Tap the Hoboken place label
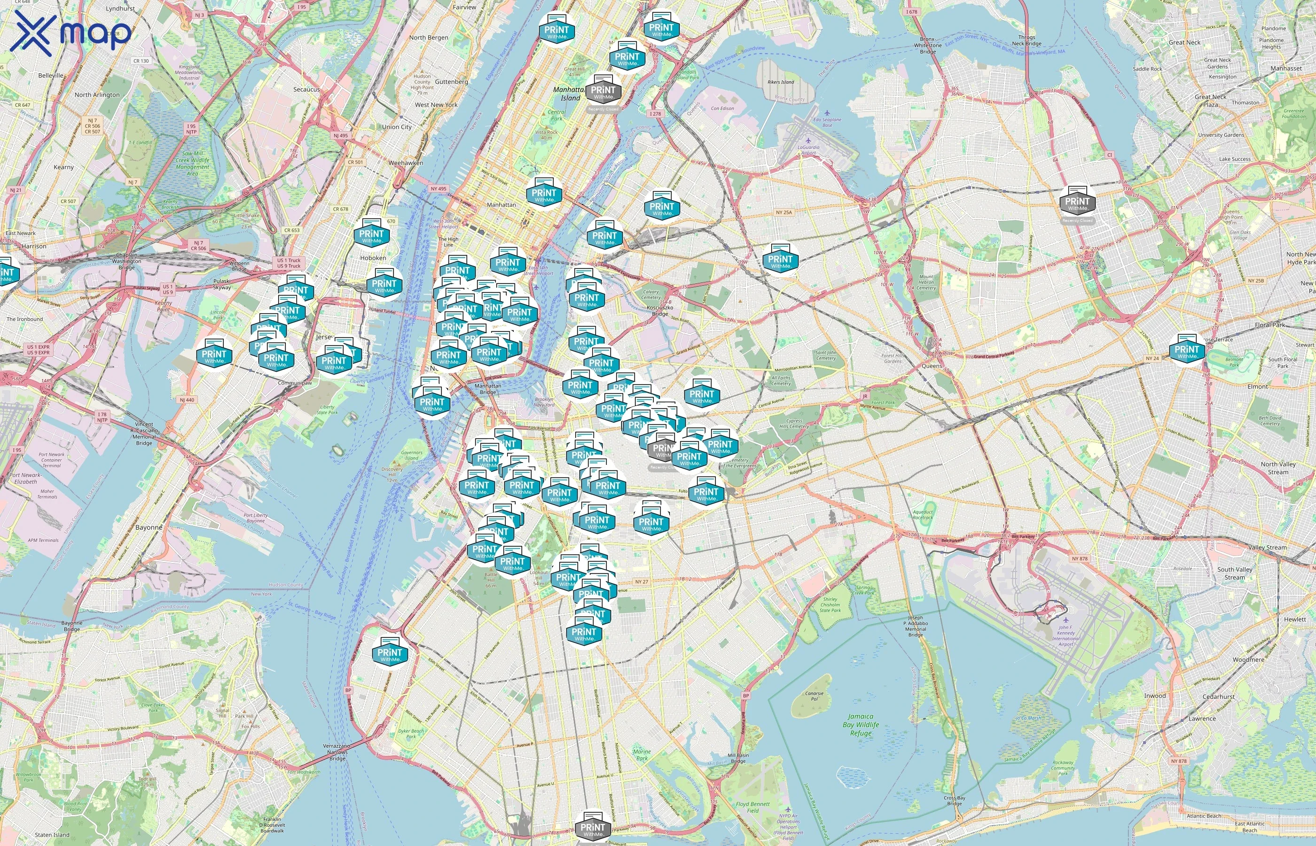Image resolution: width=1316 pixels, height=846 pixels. (x=373, y=258)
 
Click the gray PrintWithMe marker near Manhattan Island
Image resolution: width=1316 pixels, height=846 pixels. (x=603, y=92)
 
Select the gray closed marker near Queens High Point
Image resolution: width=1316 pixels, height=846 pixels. (x=1077, y=203)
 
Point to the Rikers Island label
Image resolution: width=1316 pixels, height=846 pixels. (x=781, y=82)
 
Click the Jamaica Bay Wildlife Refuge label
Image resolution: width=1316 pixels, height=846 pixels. (x=861, y=725)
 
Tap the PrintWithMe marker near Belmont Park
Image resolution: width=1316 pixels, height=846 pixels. (x=1187, y=351)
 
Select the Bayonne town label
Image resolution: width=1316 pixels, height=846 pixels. (x=149, y=527)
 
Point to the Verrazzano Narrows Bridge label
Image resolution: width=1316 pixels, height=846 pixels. (x=337, y=752)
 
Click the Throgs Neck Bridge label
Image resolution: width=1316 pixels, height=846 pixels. (x=1026, y=40)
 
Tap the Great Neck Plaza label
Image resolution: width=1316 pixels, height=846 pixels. (x=1211, y=101)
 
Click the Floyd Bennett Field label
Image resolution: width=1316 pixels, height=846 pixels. (x=752, y=807)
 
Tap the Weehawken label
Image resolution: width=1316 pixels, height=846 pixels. (x=406, y=163)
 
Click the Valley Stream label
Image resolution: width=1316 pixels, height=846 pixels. (x=1267, y=547)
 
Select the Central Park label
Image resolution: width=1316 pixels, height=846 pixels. (x=556, y=115)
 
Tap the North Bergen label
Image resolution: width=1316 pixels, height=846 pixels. (x=429, y=37)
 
